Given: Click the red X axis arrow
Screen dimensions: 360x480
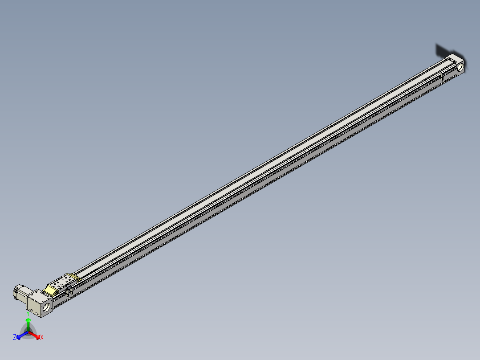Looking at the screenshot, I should [x=35, y=335].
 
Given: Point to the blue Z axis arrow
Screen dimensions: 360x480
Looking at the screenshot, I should [x=21, y=335].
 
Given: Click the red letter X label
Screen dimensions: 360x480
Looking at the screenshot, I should [x=41, y=338].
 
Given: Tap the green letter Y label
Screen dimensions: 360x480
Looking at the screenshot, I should [x=28, y=313].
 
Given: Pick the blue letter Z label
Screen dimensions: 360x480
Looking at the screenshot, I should [x=15, y=338].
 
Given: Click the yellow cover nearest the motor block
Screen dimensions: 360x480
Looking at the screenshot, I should [x=50, y=290].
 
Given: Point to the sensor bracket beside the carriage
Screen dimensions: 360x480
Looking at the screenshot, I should [x=69, y=292].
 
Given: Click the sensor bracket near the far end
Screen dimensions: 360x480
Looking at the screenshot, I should [x=442, y=77].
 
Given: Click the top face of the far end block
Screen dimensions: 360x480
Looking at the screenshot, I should [x=456, y=58].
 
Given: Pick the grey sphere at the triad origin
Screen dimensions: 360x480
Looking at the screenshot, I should [x=28, y=331].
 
